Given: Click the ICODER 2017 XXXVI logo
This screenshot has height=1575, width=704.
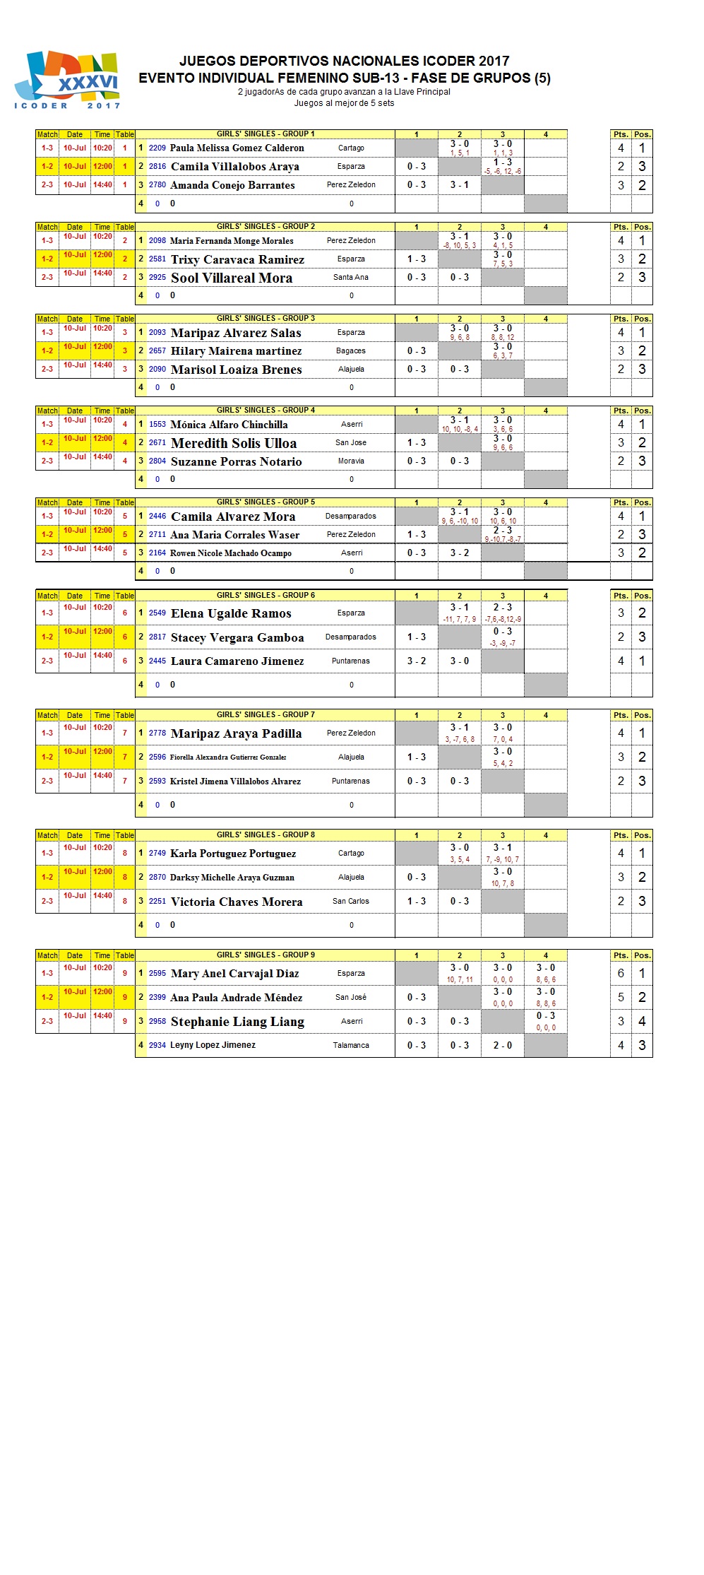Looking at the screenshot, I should [x=67, y=80].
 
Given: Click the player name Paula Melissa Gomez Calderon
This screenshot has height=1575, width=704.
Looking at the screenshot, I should [x=237, y=148].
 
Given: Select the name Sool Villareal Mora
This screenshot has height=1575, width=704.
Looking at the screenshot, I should [x=231, y=278].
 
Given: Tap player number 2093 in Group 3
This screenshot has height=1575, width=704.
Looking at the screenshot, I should [x=157, y=333].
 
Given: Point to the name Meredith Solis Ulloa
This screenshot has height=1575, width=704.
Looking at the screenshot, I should [x=233, y=443].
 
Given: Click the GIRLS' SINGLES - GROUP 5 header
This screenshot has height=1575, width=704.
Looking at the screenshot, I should [x=266, y=502].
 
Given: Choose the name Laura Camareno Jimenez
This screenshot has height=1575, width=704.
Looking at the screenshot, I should [x=237, y=661].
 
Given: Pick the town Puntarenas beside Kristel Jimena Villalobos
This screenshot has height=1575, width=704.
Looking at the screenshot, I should [x=351, y=781].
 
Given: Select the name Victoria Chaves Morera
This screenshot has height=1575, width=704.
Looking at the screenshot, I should [x=237, y=902].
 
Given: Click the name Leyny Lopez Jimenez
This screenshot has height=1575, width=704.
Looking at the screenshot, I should [x=213, y=1045].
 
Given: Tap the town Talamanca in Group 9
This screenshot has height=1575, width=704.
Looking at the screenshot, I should [x=351, y=1045].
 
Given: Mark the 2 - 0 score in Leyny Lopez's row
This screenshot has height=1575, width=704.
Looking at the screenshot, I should [x=503, y=1045].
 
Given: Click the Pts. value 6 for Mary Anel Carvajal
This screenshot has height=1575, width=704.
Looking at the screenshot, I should [x=621, y=974].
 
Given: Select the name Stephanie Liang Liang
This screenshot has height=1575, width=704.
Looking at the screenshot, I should [x=237, y=1022].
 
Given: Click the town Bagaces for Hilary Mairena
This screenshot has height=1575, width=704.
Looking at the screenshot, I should [x=351, y=351].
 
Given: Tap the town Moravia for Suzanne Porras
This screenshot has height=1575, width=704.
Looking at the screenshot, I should [x=351, y=461].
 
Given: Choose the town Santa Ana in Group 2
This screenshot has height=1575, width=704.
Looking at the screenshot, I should [x=351, y=278].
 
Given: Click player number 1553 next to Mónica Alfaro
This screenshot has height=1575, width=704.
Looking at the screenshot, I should [x=157, y=425].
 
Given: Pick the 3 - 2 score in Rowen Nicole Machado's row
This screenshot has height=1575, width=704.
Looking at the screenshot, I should [x=460, y=553].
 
